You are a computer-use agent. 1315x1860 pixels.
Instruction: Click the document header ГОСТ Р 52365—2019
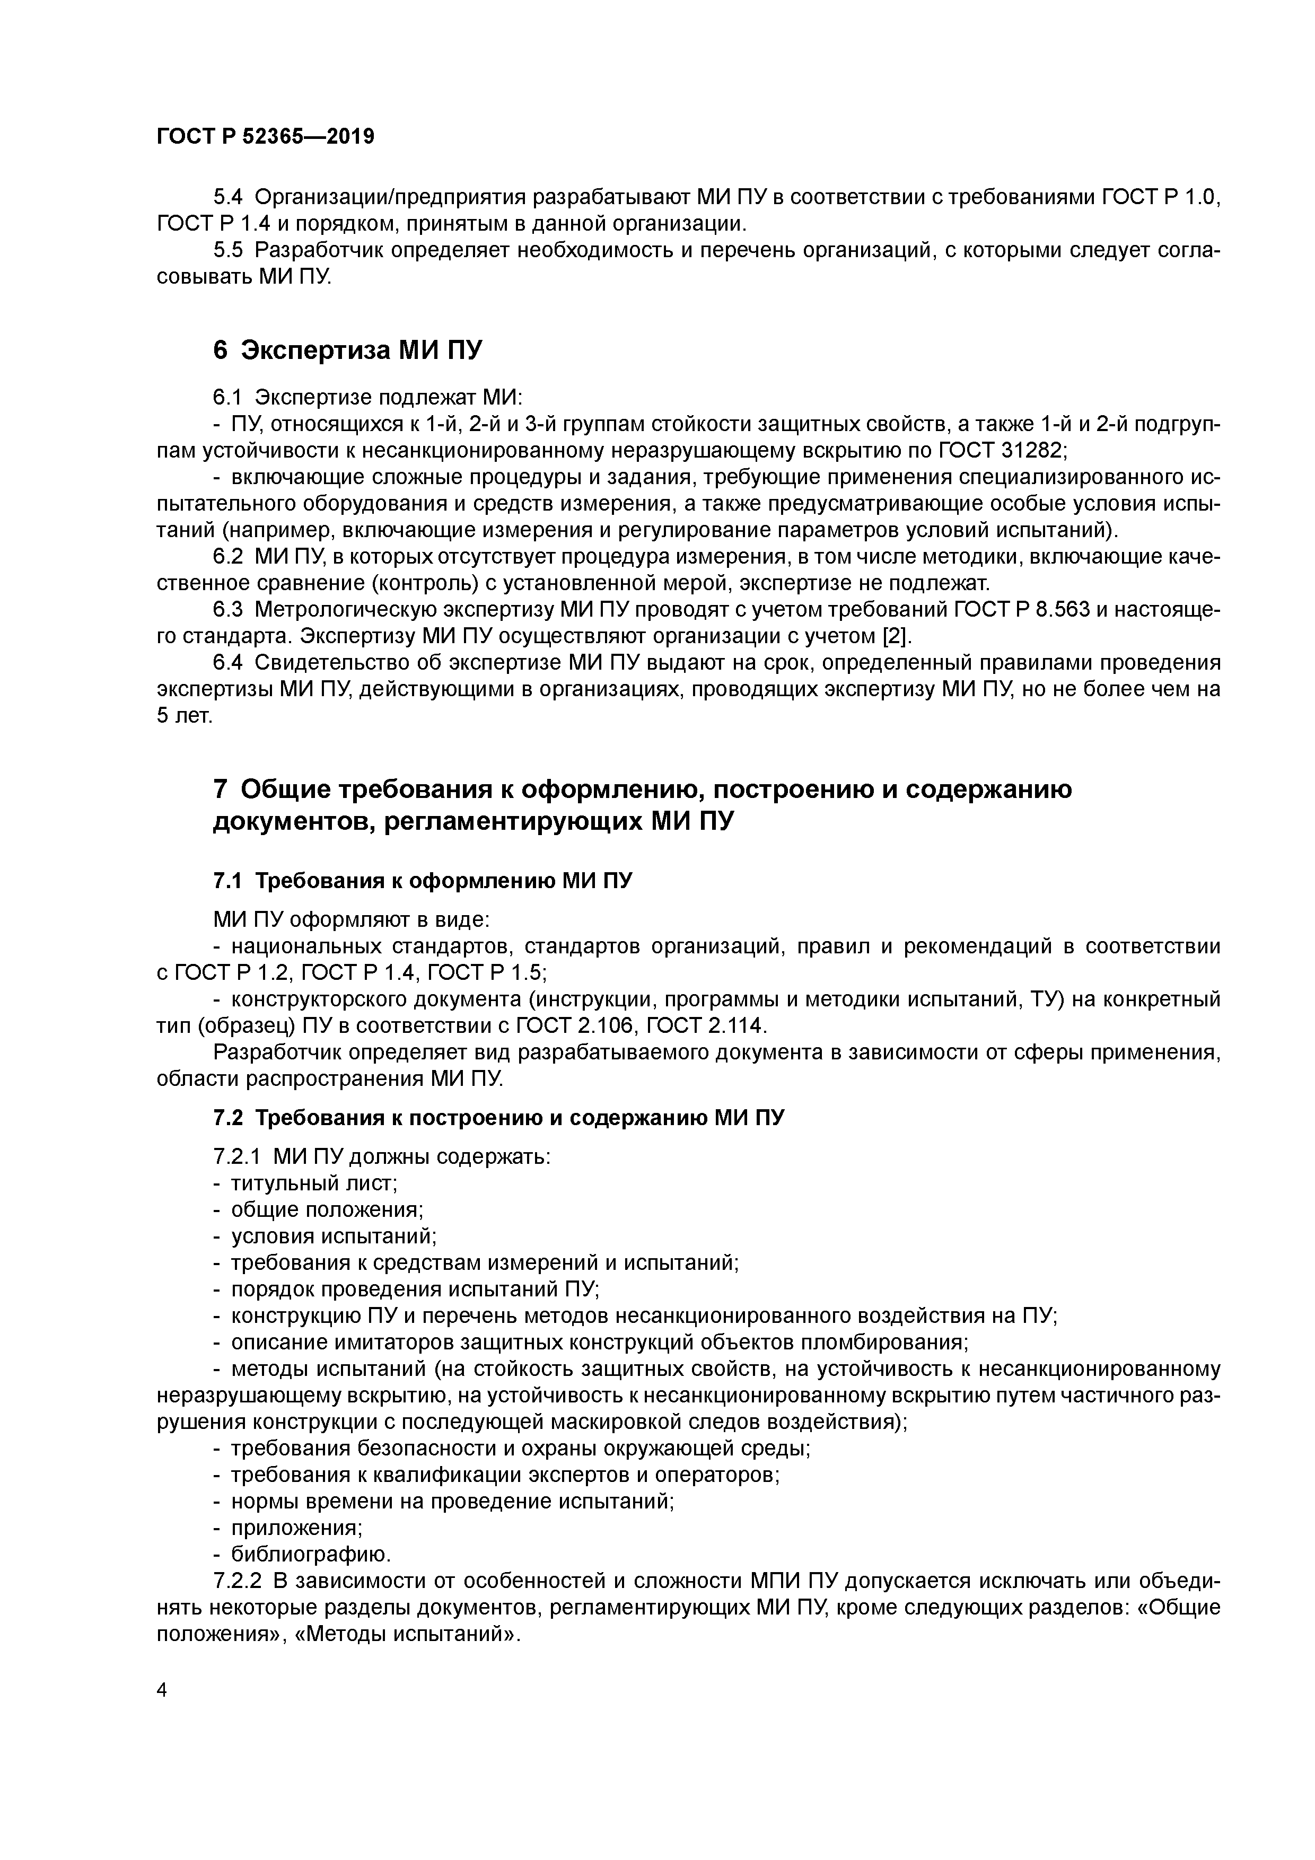(265, 137)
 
